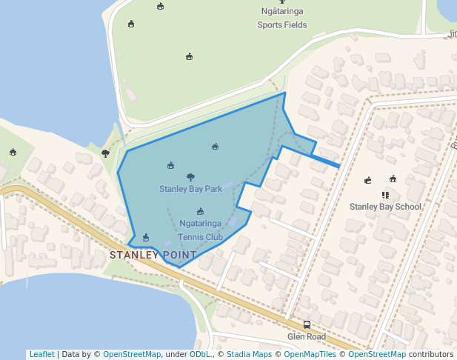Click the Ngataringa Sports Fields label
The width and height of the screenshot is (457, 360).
pyautogui.click(x=282, y=19)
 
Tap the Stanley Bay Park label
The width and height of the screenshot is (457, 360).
pyautogui.click(x=190, y=189)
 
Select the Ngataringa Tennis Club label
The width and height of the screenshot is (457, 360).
pyautogui.click(x=201, y=230)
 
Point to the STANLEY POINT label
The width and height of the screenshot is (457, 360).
pyautogui.click(x=153, y=255)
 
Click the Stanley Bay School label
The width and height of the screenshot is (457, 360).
pyautogui.click(x=385, y=207)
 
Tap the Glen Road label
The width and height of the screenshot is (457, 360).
pyautogui.click(x=307, y=336)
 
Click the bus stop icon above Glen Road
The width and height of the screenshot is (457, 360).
pyautogui.click(x=307, y=324)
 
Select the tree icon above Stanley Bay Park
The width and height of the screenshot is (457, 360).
pyautogui.click(x=190, y=177)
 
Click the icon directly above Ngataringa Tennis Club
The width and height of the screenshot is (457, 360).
pyautogui.click(x=200, y=211)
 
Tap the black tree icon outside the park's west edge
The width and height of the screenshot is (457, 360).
pyautogui.click(x=105, y=153)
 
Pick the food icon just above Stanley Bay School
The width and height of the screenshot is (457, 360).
pyautogui.click(x=385, y=195)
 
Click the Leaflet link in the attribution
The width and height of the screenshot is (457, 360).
pyautogui.click(x=41, y=355)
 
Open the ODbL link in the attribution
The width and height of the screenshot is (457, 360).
pyautogui.click(x=200, y=355)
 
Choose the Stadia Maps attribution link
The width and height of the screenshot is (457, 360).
pyautogui.click(x=250, y=355)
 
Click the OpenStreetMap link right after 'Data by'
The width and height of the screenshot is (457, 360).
pyautogui.click(x=132, y=355)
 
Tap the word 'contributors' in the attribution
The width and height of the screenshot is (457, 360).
pyautogui.click(x=432, y=355)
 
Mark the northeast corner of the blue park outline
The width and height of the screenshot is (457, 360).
pyautogui.click(x=284, y=93)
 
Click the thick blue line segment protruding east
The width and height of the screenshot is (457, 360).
pyautogui.click(x=326, y=161)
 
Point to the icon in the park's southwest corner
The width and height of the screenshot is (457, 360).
pyautogui.click(x=145, y=237)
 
